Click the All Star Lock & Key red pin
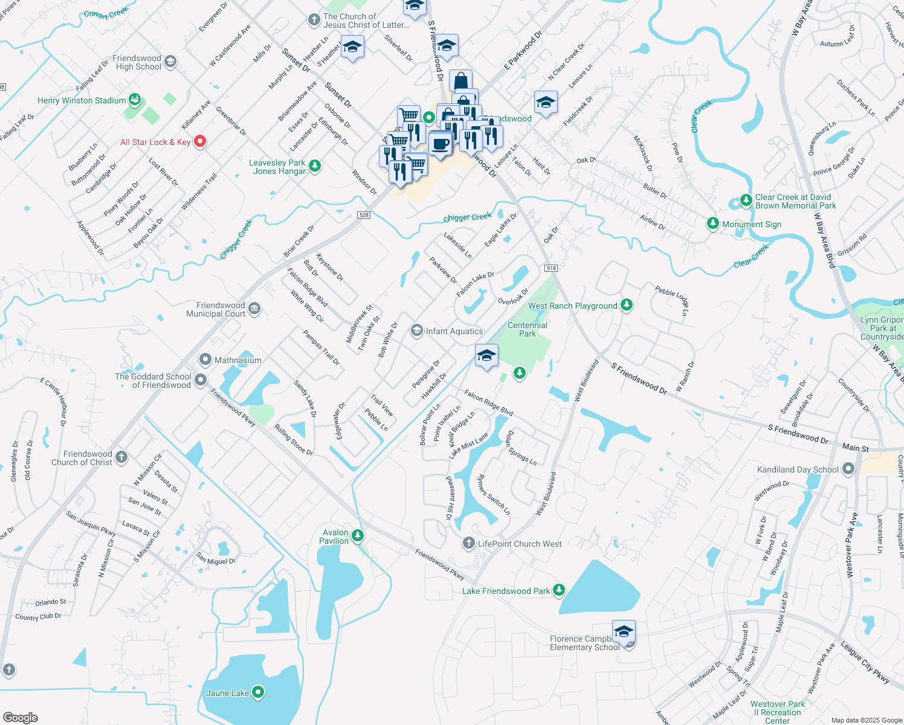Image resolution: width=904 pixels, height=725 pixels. pos(200,142)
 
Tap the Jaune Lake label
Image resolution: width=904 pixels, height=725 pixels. pos(227,693)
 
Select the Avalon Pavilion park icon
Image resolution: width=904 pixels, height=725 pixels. pos(358,535)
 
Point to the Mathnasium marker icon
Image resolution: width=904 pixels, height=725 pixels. pos(205,360)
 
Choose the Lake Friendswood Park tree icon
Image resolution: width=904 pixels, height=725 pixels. pos(559,590)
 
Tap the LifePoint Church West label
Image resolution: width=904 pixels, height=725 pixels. pos(520,544)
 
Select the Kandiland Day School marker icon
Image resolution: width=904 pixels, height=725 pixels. pos(848,469)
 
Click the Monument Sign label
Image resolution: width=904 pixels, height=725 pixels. pos(752,224)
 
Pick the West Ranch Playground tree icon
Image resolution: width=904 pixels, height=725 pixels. pos(627,305)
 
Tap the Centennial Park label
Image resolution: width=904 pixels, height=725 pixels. pos(528,329)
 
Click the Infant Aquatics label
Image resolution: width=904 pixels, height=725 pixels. pos(454,331)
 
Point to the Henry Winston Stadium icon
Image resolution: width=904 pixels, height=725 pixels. pos(135,100)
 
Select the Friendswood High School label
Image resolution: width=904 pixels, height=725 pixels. pos(137,62)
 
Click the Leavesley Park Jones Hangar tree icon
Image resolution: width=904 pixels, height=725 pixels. pos(314,166)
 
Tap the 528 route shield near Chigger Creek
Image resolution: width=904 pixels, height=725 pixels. pos(364,215)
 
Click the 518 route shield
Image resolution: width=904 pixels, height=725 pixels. pos(550,268)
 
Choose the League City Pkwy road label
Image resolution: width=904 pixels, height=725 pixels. pos(865,663)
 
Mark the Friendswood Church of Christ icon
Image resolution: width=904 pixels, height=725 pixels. pos(121,457)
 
